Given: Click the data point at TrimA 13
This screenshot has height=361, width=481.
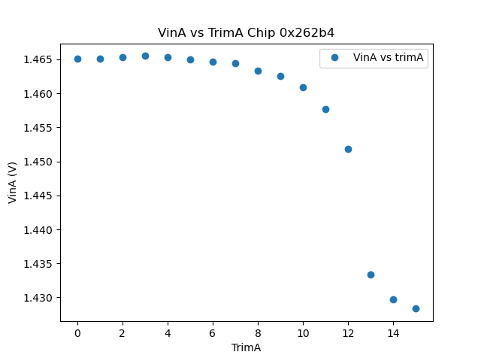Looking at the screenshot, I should point(371,275).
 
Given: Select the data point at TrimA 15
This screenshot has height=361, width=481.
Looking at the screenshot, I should point(416,308).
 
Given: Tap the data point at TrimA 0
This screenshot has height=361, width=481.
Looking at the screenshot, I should point(77,59).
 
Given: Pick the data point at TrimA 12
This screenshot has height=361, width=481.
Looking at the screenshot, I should point(348,149).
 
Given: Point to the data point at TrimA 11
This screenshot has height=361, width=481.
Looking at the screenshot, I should point(325,109).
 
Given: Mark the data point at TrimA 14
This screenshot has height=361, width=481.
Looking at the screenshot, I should point(393,299).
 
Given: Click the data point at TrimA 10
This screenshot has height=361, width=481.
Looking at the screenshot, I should point(303,87).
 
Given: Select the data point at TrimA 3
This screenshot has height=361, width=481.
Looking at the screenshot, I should point(145,56).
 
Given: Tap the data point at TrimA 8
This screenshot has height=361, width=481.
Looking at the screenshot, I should point(258,71).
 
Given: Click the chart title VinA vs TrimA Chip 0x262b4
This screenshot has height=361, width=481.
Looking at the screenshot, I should point(246,33).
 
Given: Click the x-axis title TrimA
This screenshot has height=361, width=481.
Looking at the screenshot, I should point(246,347).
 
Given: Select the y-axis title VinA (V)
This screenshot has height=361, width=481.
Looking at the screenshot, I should point(13,182).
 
